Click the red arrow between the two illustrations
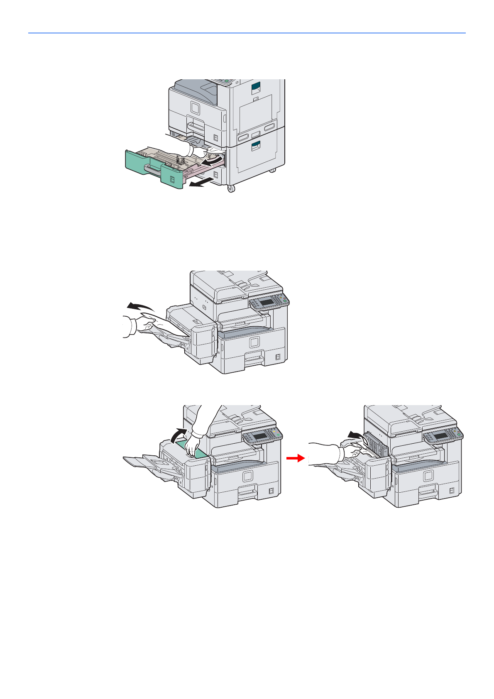point(296,458)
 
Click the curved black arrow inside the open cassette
point(212,160)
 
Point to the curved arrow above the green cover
point(179,435)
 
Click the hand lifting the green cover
point(193,445)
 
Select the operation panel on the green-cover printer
point(262,436)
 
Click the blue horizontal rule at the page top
point(247,33)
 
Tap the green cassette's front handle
point(153,168)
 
